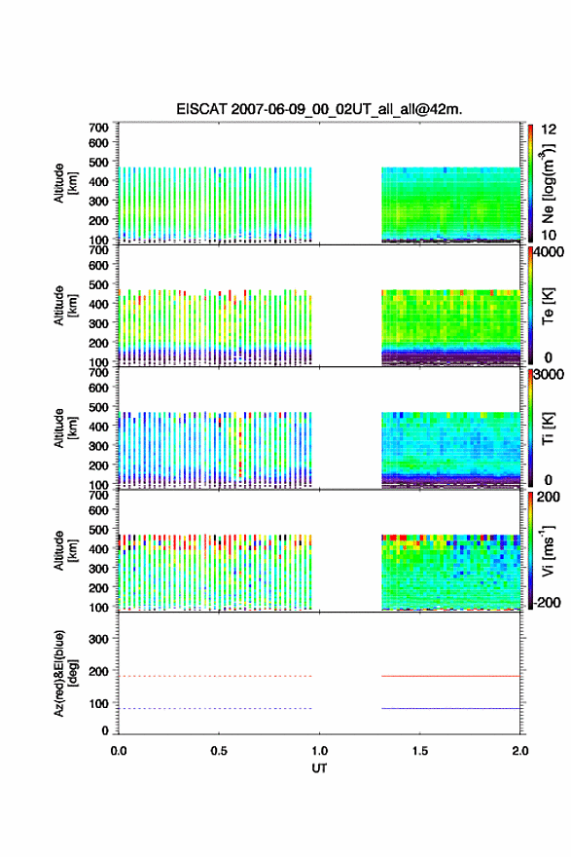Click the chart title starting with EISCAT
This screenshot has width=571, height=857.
pyautogui.click(x=319, y=109)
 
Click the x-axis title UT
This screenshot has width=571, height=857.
pyautogui.click(x=319, y=768)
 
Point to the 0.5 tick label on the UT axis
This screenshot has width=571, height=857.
pyautogui.click(x=219, y=751)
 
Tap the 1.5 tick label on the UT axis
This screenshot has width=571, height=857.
pyautogui.click(x=420, y=751)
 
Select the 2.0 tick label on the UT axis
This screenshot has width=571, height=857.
pyautogui.click(x=520, y=751)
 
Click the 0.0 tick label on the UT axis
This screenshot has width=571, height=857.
pyautogui.click(x=119, y=751)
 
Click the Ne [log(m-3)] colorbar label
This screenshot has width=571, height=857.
pyautogui.click(x=548, y=184)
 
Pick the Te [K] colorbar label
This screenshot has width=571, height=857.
pyautogui.click(x=548, y=306)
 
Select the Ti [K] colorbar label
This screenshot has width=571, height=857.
pyautogui.click(x=548, y=428)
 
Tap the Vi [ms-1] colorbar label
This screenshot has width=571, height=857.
pyautogui.click(x=548, y=551)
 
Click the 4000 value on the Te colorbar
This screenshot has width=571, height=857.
pyautogui.click(x=548, y=252)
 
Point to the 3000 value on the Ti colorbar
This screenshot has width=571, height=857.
pyautogui.click(x=548, y=375)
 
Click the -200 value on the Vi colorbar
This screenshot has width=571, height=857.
pyautogui.click(x=546, y=602)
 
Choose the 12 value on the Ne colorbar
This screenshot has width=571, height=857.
pyautogui.click(x=549, y=130)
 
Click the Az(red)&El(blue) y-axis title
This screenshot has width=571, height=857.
pyautogui.click(x=65, y=673)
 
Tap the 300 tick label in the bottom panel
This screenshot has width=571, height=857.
pyautogui.click(x=99, y=639)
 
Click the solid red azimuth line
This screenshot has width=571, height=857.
pyautogui.click(x=450, y=676)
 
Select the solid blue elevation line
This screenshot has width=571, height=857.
pyautogui.click(x=450, y=708)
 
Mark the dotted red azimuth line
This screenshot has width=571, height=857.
pyautogui.click(x=215, y=676)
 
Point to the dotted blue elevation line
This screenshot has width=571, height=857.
pyautogui.click(x=215, y=708)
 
